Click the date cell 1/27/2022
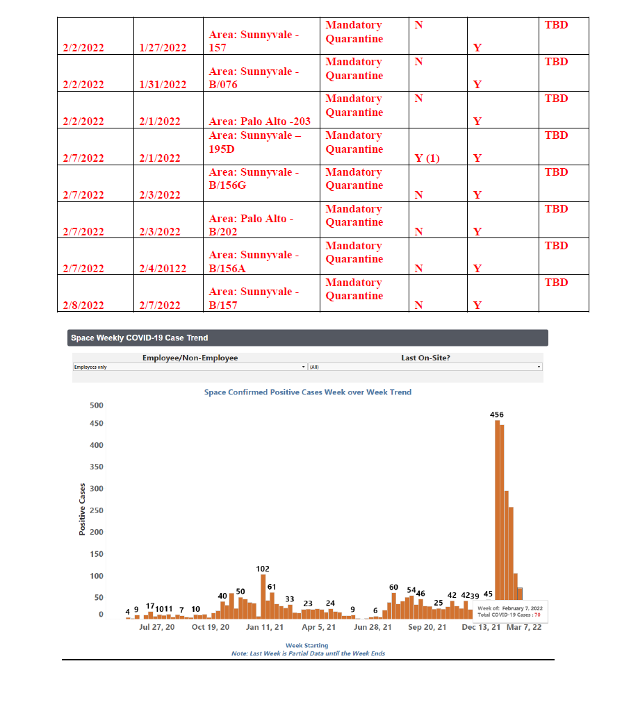(163, 48)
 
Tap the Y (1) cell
(427, 158)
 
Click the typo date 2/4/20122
(163, 269)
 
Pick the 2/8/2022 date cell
(83, 306)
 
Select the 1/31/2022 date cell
(163, 85)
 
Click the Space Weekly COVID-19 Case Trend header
(138, 338)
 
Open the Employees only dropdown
(190, 367)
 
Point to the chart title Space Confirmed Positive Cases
(307, 392)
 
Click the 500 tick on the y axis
(97, 406)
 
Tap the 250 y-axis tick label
(97, 511)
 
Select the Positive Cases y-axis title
(81, 509)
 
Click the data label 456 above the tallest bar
(497, 415)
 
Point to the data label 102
(263, 569)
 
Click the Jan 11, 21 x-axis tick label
(265, 627)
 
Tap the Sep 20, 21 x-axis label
(427, 627)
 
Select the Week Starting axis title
(307, 646)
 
